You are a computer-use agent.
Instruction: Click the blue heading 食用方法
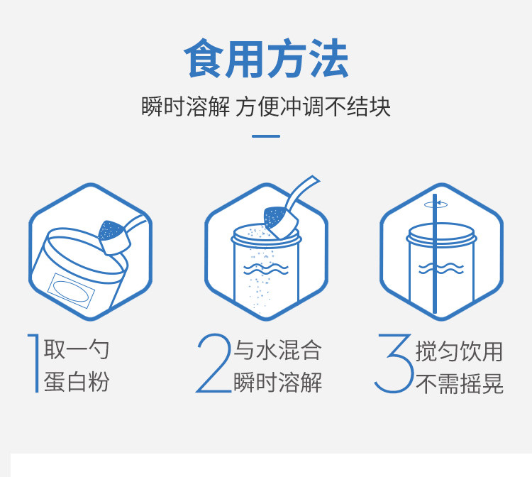[x=266, y=58]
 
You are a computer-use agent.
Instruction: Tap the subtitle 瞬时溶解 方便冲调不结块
[x=266, y=106]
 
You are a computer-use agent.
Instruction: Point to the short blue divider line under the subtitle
[x=266, y=136]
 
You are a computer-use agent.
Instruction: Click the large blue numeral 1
[x=34, y=363]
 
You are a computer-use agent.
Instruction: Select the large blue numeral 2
[x=214, y=363]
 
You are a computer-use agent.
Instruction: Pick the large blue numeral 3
[x=394, y=363]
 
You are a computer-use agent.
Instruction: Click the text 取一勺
[x=77, y=349]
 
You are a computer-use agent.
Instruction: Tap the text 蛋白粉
[x=77, y=382]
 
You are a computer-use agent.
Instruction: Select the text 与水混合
[x=277, y=350]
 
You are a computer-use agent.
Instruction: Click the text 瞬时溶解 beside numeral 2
[x=277, y=383]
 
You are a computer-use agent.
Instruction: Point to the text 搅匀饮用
[x=459, y=351]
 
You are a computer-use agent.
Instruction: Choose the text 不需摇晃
[x=459, y=383]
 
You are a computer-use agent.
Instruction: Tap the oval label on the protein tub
[x=70, y=291]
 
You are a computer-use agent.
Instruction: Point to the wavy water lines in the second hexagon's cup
[x=266, y=269]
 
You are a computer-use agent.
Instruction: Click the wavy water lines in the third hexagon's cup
[x=441, y=268]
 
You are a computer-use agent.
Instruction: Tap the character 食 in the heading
[x=204, y=58]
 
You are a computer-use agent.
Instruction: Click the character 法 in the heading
[x=330, y=58]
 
